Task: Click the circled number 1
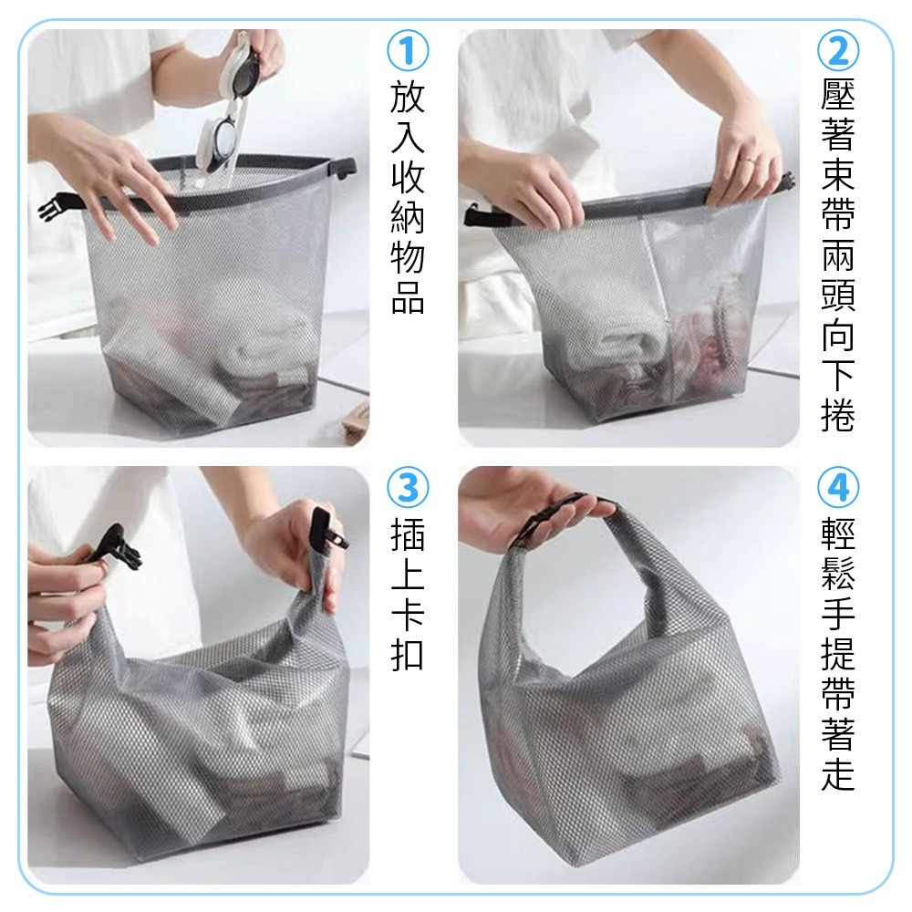(408, 51)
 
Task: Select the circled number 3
(408, 490)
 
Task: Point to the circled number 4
(837, 490)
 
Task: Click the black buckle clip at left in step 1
(57, 207)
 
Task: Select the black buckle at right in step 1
(345, 166)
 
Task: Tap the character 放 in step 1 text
(408, 98)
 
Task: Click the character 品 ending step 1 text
(408, 297)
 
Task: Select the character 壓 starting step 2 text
(837, 95)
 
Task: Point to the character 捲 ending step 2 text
(837, 416)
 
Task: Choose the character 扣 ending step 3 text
(408, 655)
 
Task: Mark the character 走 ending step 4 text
(837, 775)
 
